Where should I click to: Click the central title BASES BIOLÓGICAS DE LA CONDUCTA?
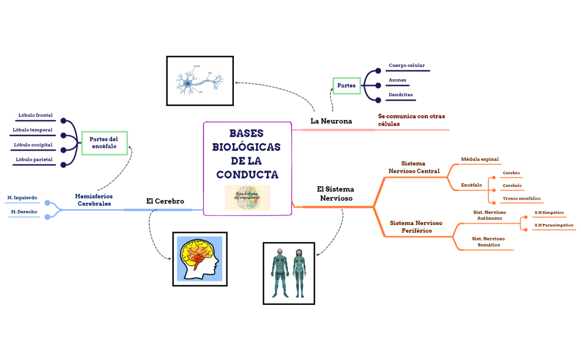[x=246, y=154]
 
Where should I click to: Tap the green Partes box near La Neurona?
[x=346, y=86]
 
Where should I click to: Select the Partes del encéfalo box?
[x=104, y=142]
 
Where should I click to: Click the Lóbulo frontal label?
[x=35, y=116]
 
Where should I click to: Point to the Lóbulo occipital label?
[x=35, y=145]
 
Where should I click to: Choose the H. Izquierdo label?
[x=22, y=198]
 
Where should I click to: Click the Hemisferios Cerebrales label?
[x=94, y=200]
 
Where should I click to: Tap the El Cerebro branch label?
[x=165, y=201]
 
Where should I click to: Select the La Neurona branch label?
[x=331, y=121]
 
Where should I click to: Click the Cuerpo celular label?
[x=406, y=65]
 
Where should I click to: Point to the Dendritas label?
[x=400, y=94]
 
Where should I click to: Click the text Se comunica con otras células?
[x=411, y=120]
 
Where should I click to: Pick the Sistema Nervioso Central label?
[x=413, y=167]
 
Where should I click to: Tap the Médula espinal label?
[x=480, y=159]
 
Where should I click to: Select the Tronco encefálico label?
[x=522, y=198]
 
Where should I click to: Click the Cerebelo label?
[x=512, y=185]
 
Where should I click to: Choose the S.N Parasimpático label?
[x=553, y=225]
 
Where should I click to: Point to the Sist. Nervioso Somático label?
[x=488, y=242]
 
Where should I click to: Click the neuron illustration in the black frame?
[x=200, y=81]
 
